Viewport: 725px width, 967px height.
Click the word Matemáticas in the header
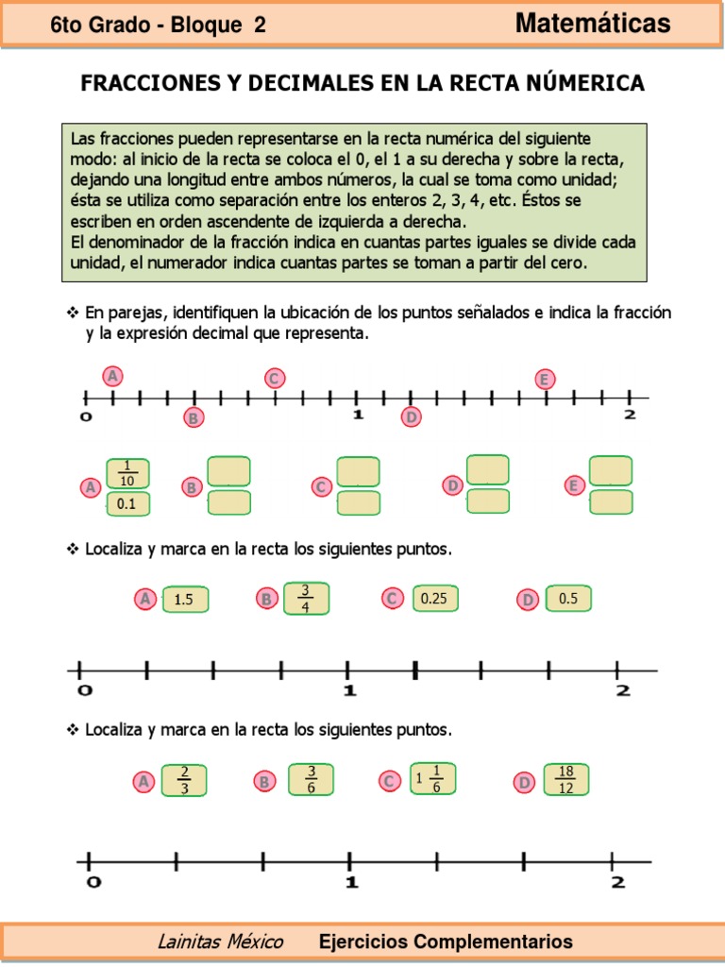[593, 24]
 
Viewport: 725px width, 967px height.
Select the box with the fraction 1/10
[127, 472]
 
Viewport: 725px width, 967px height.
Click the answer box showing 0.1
[127, 504]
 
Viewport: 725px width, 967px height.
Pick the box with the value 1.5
[185, 599]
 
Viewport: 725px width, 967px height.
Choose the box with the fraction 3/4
[306, 598]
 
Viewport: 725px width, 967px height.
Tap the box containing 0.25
[433, 599]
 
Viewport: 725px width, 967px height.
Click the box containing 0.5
[568, 599]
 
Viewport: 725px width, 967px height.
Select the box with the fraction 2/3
[185, 781]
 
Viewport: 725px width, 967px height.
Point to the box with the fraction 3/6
[311, 781]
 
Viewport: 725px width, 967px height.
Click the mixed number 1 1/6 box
[432, 780]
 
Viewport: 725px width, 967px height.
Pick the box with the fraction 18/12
[565, 781]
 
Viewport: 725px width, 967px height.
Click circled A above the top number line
[113, 376]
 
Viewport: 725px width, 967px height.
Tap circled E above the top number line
[545, 379]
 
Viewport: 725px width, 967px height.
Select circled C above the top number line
[274, 379]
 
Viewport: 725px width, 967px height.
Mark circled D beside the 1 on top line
[412, 416]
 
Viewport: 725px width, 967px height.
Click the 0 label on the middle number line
[84, 691]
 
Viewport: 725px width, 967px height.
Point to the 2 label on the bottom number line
[618, 882]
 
